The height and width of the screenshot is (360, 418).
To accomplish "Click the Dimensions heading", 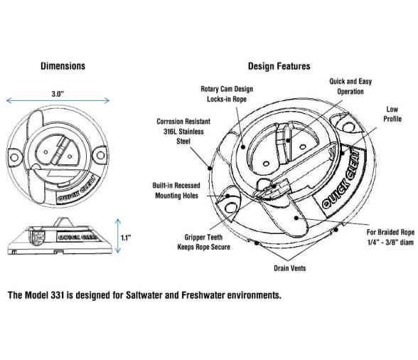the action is tap(63, 66).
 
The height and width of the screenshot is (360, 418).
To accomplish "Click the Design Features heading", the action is tap(279, 66).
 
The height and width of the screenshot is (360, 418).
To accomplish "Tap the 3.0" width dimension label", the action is tap(58, 94).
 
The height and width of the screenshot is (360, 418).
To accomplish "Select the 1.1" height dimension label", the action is tap(126, 238).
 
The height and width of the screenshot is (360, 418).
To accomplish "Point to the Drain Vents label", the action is tap(290, 268).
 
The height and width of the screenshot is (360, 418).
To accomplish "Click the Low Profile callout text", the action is tap(392, 114).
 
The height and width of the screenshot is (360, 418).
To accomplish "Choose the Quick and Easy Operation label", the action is tap(350, 86).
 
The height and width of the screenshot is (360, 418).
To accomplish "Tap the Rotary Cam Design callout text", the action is tap(227, 94).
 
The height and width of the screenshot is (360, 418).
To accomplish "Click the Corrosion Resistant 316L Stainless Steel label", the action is tap(183, 132).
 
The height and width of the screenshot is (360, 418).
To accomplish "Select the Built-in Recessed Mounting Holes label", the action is tap(176, 191).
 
